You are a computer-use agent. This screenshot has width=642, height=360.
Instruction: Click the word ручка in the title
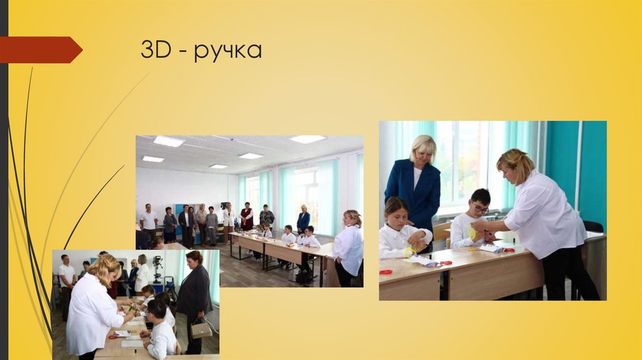[x=228, y=50]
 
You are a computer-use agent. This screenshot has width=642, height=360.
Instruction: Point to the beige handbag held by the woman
[x=201, y=330]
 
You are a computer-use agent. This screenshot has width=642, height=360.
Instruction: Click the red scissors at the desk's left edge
[x=386, y=272]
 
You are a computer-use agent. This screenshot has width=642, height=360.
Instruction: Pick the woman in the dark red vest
[x=247, y=216]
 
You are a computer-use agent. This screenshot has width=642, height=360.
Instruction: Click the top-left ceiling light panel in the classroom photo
[x=168, y=141]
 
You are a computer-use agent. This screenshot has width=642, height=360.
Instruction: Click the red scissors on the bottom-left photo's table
[x=113, y=336]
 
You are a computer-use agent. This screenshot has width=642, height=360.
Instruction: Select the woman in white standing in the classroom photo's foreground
[x=349, y=248]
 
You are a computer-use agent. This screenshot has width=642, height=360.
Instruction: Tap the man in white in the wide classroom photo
[x=149, y=222]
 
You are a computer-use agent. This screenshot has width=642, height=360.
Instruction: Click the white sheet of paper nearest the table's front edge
[x=132, y=343]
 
